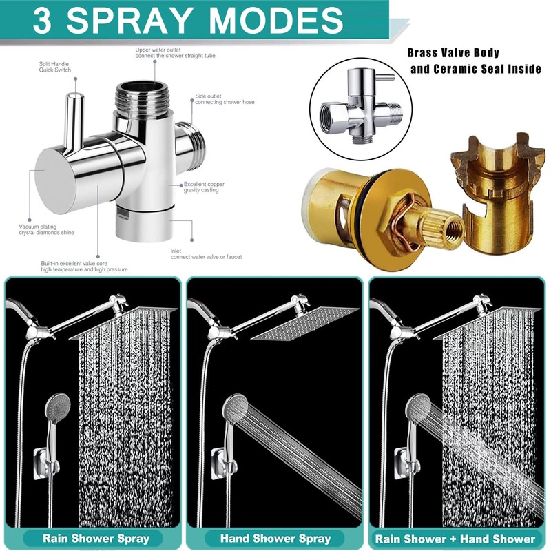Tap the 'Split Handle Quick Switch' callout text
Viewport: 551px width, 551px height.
[55, 67]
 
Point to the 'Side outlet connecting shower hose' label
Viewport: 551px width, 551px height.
[225, 98]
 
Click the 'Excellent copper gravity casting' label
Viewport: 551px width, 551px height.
[205, 187]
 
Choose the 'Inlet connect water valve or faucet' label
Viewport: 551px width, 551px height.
[206, 253]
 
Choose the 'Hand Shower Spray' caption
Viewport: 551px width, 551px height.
[275, 538]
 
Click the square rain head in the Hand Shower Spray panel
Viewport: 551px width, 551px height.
[304, 322]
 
